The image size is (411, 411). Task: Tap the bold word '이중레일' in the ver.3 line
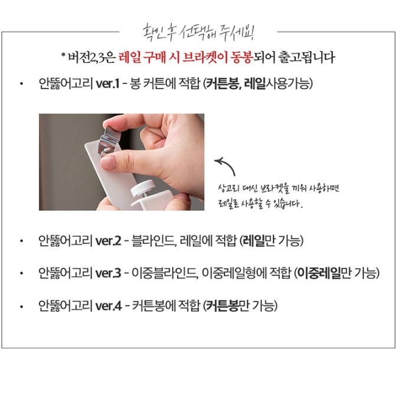point(316,273)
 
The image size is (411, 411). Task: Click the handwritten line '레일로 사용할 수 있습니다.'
point(260,205)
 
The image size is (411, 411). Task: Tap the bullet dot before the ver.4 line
point(21,306)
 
